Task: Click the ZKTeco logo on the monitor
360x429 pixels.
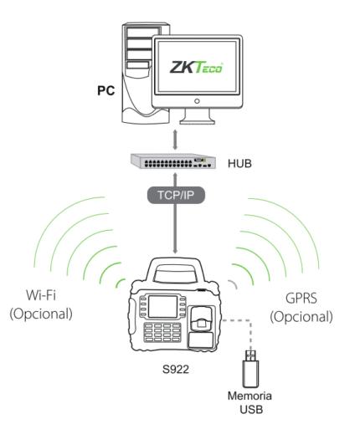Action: pos(196,67)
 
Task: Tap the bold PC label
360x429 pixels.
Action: pos(105,90)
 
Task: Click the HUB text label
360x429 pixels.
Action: pos(239,164)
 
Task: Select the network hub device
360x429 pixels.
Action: pos(173,161)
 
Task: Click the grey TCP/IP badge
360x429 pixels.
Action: pos(176,195)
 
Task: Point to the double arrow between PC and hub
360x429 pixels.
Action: pos(175,140)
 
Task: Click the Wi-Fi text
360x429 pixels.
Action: pos(41,295)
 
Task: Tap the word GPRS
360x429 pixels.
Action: pos(301,298)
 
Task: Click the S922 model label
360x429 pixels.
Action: pos(176,369)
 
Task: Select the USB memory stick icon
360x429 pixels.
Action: pos(250,369)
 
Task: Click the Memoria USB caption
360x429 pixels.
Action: pos(249,402)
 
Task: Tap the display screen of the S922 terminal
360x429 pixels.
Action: pos(162,306)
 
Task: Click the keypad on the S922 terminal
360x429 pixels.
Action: pos(162,332)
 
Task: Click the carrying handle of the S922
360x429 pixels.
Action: pos(175,270)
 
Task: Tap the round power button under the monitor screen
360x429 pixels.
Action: pos(197,101)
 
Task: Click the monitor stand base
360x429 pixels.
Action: pos(198,121)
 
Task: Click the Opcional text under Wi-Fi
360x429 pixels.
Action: pos(41,314)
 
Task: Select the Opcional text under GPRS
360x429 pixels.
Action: pos(301,317)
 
